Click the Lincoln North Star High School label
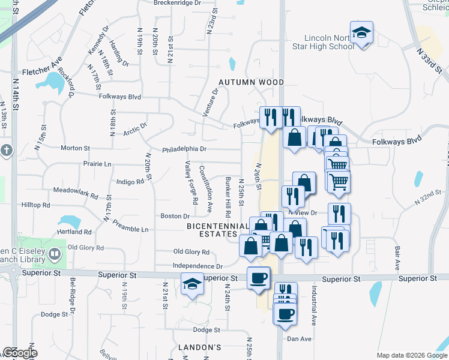coord(323,41)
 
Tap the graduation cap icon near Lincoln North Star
coord(361,32)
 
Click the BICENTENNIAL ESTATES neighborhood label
coord(217,230)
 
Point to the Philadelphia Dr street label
coord(184,149)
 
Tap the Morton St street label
coord(75,148)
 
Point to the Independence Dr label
coord(197,266)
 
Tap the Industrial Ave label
coord(313,305)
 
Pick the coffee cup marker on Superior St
coord(259,278)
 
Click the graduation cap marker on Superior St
coord(192,283)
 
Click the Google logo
coord(20,353)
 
